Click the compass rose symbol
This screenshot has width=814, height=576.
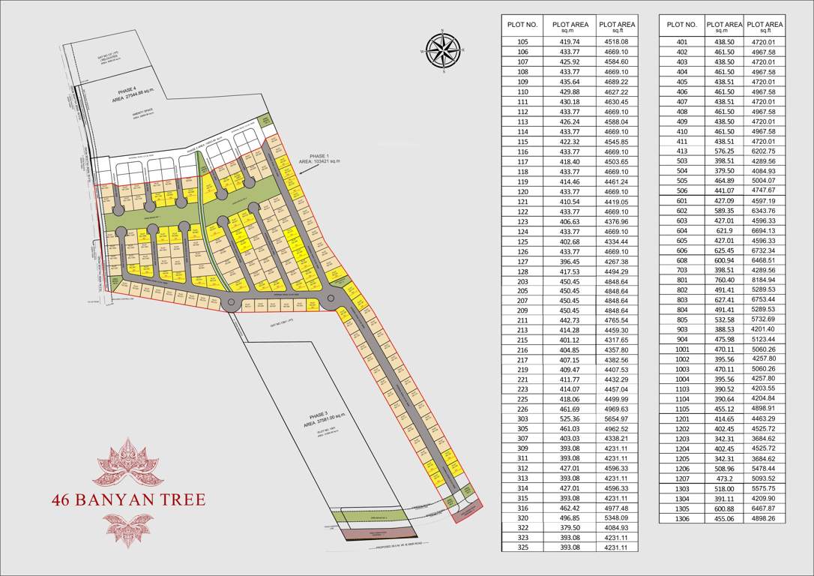pyautogui.click(x=443, y=50)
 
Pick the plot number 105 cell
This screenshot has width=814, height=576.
pyautogui.click(x=522, y=42)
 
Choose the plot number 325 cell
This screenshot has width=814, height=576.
pyautogui.click(x=522, y=547)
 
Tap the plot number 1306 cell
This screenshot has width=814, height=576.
pyautogui.click(x=681, y=518)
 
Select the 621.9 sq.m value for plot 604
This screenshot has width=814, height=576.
pyautogui.click(x=723, y=231)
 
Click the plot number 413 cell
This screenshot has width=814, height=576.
pyautogui.click(x=681, y=151)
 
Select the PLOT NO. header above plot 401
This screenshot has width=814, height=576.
pyautogui.click(x=681, y=25)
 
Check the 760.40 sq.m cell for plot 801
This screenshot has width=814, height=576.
pyautogui.click(x=723, y=280)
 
